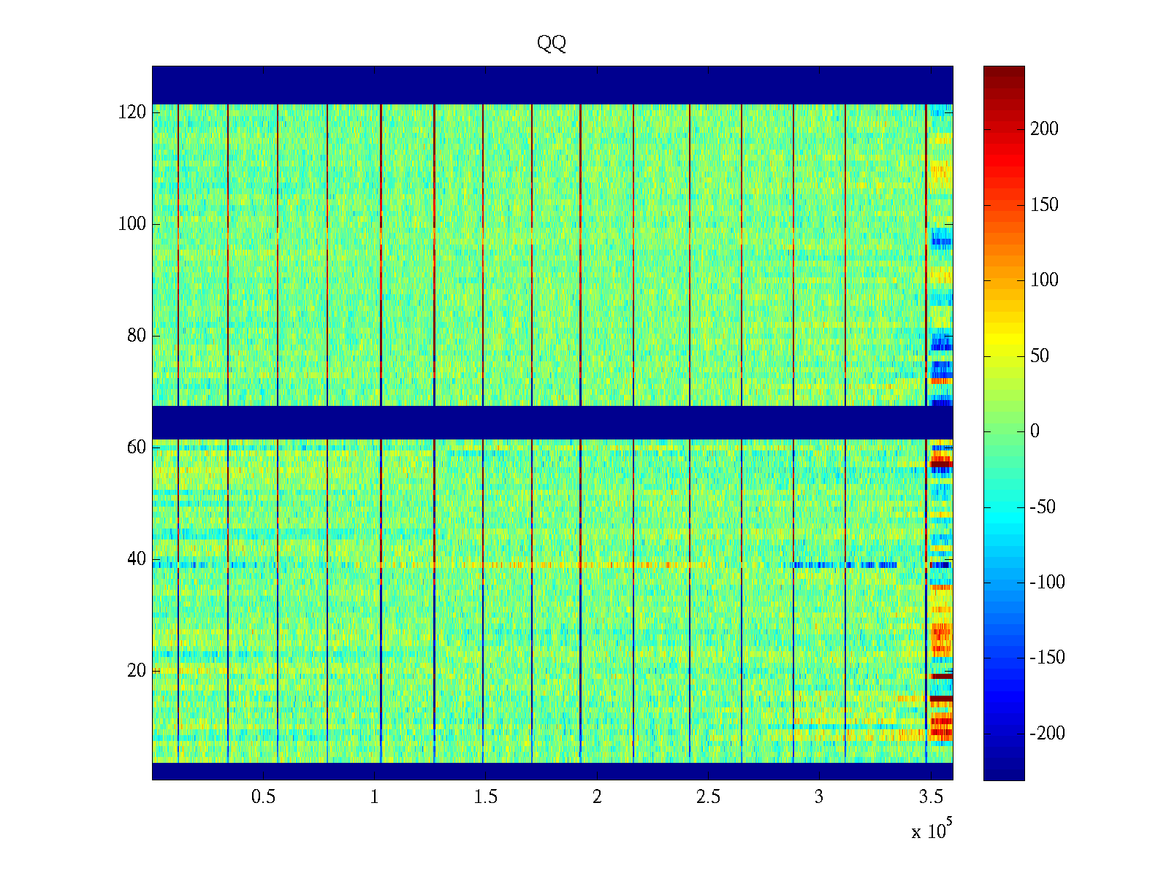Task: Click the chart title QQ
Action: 552,44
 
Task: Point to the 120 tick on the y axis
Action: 132,112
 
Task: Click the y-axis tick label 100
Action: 132,224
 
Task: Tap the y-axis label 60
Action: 137,447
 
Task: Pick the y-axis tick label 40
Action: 137,559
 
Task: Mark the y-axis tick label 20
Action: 137,671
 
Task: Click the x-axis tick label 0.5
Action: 263,797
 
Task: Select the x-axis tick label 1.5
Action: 485,797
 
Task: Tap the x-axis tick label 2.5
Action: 708,797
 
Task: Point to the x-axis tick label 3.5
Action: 930,797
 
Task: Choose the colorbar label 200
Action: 1044,129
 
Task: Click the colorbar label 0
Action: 1035,431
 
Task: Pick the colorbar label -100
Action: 1047,583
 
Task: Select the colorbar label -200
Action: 1047,734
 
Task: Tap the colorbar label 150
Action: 1044,205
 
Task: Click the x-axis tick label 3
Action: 819,797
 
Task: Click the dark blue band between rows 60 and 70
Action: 552,423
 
